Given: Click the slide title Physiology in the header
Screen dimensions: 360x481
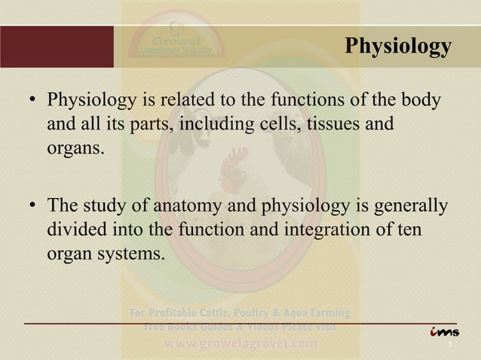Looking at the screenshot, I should (x=397, y=47).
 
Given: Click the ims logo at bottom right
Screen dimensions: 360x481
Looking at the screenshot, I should (x=444, y=331).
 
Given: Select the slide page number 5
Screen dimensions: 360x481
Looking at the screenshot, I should (x=449, y=346).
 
